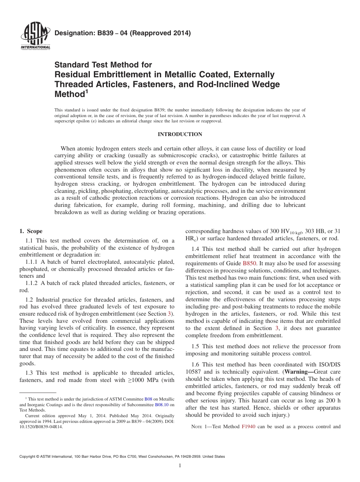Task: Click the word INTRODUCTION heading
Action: (180, 134)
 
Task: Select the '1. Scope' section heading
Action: (31, 231)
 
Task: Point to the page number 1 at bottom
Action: (180, 466)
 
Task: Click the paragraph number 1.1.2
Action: (32, 283)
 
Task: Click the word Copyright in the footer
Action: (28, 457)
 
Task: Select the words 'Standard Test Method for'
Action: (103, 65)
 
